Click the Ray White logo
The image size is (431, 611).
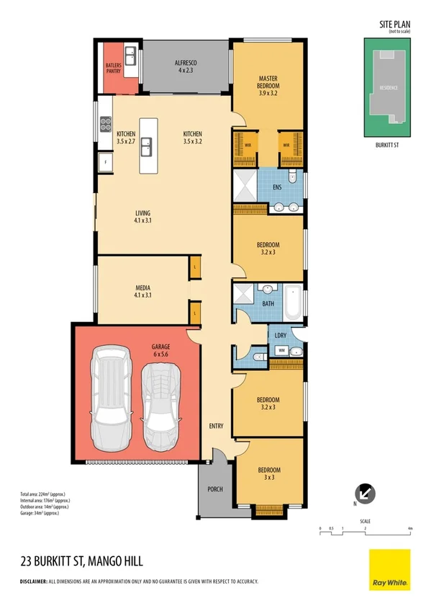click(389, 569)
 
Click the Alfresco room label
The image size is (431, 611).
click(186, 67)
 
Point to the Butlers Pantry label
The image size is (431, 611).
click(113, 68)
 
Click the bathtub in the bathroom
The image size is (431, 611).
click(294, 303)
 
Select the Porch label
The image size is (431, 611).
click(214, 489)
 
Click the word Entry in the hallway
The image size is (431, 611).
click(216, 426)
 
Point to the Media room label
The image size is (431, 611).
click(142, 290)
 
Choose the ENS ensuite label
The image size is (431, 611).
click(277, 189)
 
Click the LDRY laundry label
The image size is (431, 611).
click(281, 336)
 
